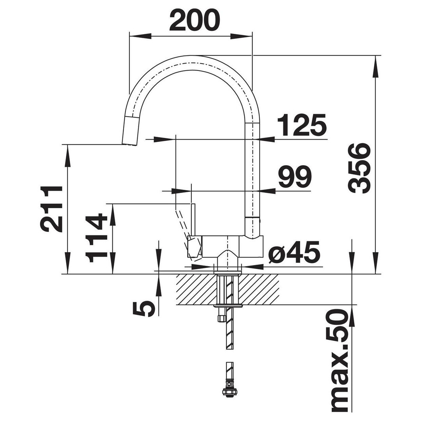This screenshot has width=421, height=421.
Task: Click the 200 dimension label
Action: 195,20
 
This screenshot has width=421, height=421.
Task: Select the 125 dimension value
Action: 301,125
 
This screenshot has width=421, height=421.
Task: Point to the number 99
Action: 295,177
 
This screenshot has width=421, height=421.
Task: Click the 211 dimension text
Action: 51,209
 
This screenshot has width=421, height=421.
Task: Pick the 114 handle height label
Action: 96,238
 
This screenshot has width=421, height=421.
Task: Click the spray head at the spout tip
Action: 130,131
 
